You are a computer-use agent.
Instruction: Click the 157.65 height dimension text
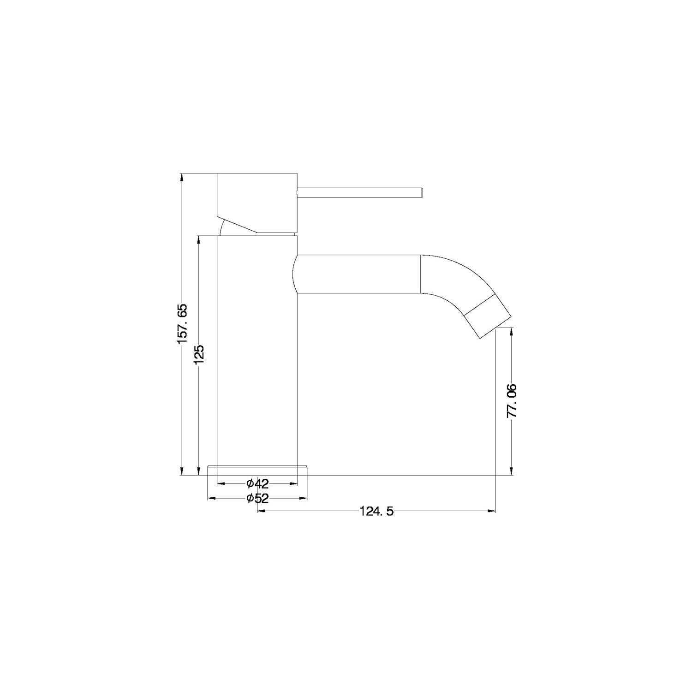pyautogui.click(x=182, y=323)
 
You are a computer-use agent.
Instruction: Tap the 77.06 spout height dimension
pyautogui.click(x=512, y=400)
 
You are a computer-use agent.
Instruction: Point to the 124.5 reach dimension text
pyautogui.click(x=376, y=511)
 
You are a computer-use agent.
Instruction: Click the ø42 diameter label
pyautogui.click(x=257, y=483)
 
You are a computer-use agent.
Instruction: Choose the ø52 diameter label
pyautogui.click(x=257, y=498)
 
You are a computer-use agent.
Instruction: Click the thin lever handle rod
pyautogui.click(x=360, y=191)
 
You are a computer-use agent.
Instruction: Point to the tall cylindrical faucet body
pyautogui.click(x=257, y=351)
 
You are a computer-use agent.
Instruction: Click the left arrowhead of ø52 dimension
pyautogui.click(x=212, y=498)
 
